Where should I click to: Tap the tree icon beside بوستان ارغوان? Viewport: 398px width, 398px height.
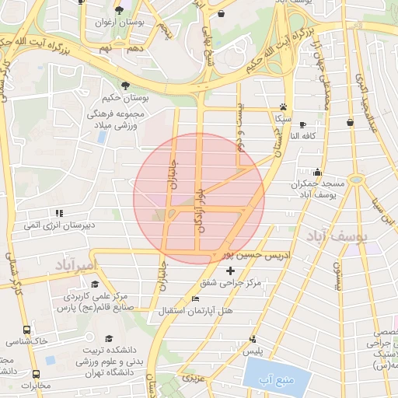pyautogui.click(x=119, y=10)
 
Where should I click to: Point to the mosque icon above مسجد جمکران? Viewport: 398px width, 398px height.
pyautogui.click(x=317, y=172)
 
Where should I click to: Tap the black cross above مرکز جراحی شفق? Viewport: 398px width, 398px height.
pyautogui.click(x=229, y=271)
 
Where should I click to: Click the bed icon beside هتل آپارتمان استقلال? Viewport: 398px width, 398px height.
pyautogui.click(x=195, y=299)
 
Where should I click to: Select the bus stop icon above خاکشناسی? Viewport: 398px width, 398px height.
pyautogui.click(x=28, y=330)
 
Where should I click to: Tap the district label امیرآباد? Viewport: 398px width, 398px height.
pyautogui.click(x=75, y=267)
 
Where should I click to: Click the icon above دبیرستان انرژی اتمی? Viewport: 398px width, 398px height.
pyautogui.click(x=58, y=212)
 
